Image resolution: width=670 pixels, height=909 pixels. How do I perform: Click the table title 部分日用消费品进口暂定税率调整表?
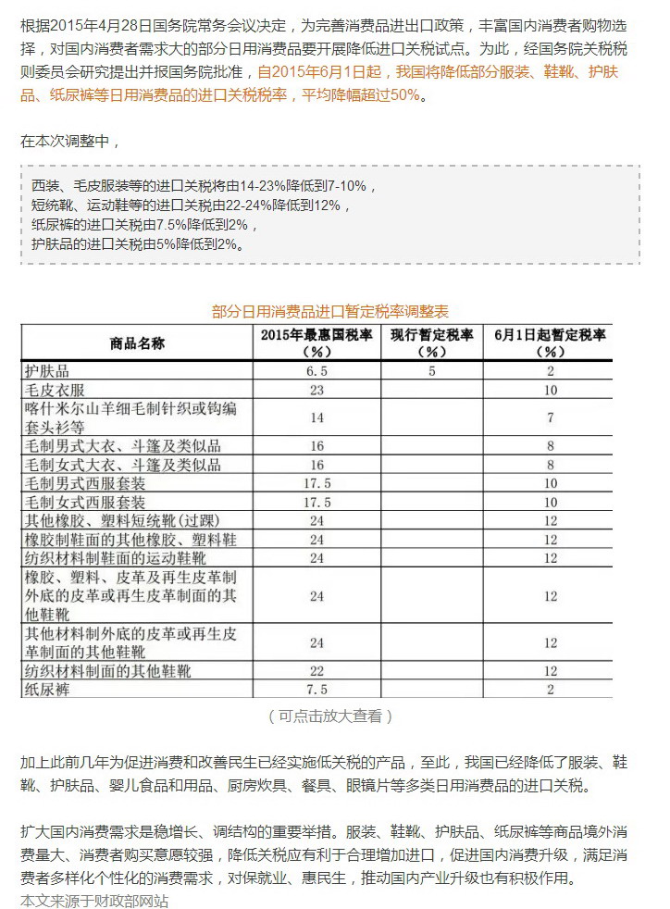[x=330, y=311]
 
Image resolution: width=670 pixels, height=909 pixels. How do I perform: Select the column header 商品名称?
[x=137, y=342]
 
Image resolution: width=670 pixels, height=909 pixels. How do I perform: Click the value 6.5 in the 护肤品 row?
[x=317, y=370]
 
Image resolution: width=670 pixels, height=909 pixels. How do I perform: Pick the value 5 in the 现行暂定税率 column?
[x=431, y=370]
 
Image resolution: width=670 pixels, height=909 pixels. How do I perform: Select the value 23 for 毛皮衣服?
[x=317, y=390]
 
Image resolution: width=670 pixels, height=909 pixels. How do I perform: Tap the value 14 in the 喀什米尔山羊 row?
[x=317, y=417]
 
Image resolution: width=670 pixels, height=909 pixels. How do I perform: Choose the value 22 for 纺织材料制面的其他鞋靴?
[x=317, y=669]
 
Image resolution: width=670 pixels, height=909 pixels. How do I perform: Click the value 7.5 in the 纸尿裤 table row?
[x=317, y=689]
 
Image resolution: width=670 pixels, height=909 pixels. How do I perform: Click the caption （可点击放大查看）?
[x=330, y=716]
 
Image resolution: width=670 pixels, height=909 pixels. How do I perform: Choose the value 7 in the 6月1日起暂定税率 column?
[x=551, y=417]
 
